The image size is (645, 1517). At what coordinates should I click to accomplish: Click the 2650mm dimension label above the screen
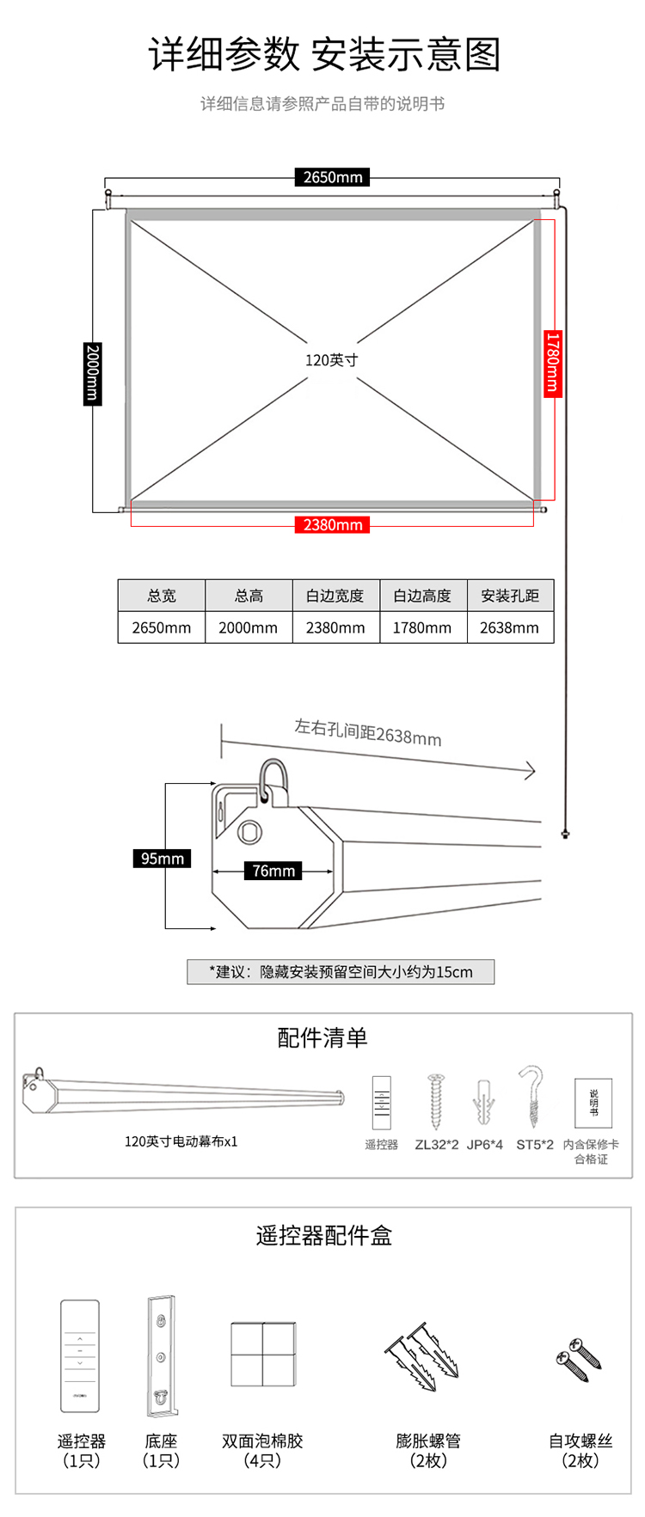[x=333, y=177]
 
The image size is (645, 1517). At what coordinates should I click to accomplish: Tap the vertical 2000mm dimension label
[x=93, y=373]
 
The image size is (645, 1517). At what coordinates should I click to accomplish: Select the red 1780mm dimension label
[x=552, y=363]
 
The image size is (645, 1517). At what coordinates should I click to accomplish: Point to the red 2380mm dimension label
[x=333, y=524]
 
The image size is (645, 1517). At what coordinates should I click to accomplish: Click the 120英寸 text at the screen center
[x=331, y=360]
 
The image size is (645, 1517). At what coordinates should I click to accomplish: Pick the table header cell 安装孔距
[x=510, y=596]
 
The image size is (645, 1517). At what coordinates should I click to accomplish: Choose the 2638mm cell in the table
[x=510, y=627]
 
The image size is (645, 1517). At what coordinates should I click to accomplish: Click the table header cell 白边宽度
[x=335, y=596]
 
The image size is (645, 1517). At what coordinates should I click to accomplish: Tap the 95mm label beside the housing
[x=163, y=859]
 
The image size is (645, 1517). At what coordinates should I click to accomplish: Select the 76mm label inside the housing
[x=273, y=871]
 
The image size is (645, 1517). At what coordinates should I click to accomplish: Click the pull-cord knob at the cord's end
[x=565, y=833]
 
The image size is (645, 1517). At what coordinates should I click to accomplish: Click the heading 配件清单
[x=322, y=1037]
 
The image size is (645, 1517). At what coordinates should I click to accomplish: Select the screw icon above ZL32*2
[x=436, y=1101]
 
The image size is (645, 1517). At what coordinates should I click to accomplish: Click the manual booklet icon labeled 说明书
[x=593, y=1102]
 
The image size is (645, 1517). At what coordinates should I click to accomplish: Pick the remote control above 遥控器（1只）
[x=80, y=1355]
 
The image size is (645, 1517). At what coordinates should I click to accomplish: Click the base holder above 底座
[x=161, y=1355]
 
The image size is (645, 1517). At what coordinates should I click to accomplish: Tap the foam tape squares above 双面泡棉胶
[x=263, y=1354]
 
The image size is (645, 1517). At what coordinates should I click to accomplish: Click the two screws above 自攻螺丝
[x=579, y=1359]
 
